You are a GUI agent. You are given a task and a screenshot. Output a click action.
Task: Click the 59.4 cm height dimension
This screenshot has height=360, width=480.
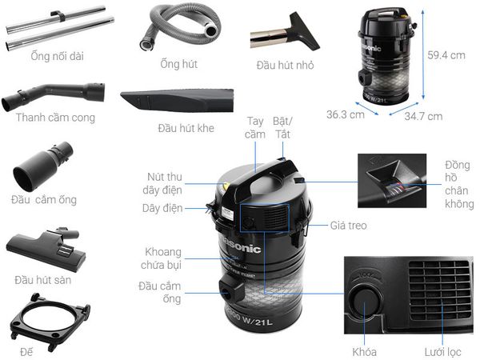click(446, 55)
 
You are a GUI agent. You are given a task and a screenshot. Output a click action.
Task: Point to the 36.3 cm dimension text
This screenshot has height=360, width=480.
click(345, 114)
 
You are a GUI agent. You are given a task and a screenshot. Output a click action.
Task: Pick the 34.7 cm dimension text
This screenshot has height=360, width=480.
click(422, 116)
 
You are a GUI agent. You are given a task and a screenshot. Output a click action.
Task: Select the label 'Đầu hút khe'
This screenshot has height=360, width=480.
click(186, 128)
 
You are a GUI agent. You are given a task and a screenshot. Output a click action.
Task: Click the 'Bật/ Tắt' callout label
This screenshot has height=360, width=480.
click(282, 128)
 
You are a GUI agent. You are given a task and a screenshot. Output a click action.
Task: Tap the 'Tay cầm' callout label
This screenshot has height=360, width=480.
click(255, 128)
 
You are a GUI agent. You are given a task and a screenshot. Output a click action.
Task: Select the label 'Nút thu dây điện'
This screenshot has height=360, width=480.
click(163, 183)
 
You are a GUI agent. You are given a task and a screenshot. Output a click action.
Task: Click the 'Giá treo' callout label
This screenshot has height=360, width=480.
click(348, 226)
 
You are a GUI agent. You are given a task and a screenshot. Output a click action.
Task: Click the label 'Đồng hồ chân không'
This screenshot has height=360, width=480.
click(458, 185)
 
